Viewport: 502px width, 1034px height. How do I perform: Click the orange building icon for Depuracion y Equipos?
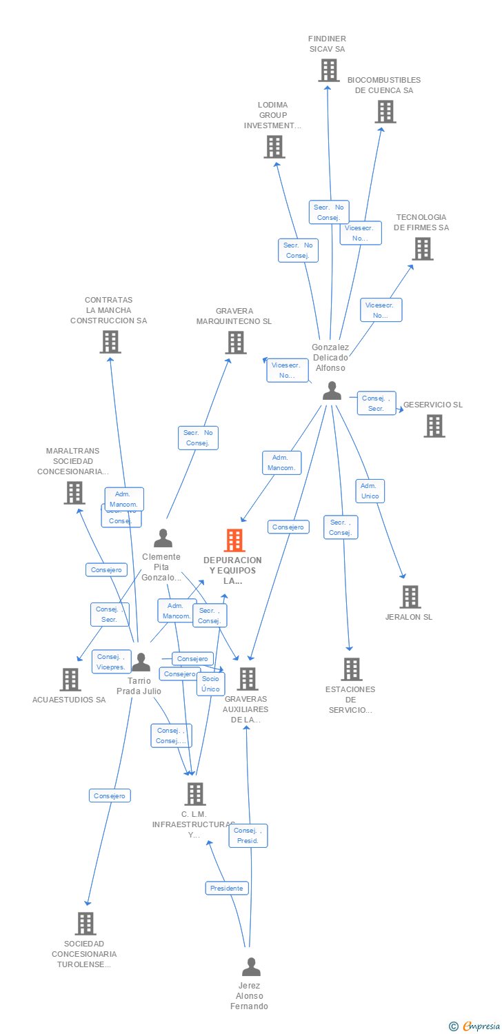tap(234, 540)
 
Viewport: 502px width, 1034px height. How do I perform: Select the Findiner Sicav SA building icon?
tap(329, 70)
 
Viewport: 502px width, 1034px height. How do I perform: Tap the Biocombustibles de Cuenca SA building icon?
tap(385, 112)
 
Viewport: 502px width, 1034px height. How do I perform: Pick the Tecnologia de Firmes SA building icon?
tap(423, 249)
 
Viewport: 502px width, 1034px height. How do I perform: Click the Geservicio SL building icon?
tap(434, 426)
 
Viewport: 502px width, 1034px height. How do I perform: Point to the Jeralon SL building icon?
tap(410, 597)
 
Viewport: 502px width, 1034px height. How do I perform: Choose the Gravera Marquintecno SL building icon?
tap(236, 343)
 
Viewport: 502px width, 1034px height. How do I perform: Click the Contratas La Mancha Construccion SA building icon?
tap(110, 342)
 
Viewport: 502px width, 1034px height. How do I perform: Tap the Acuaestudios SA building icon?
tap(70, 680)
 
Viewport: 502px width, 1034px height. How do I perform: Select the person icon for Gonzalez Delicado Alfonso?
tap(332, 391)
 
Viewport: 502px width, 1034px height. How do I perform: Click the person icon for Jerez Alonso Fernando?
tap(251, 967)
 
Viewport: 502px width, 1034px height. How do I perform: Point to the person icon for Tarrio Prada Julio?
tap(141, 662)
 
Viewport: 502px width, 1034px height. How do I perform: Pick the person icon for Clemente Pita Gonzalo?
tap(163, 538)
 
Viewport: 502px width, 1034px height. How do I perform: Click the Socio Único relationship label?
tap(210, 684)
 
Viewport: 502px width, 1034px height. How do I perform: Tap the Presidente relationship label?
tap(227, 888)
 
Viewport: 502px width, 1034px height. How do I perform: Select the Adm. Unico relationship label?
tap(370, 491)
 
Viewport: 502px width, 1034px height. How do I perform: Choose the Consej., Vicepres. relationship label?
tap(110, 662)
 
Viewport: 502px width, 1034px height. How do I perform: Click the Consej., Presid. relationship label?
tap(248, 835)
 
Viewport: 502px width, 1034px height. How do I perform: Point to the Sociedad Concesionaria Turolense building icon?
tap(85, 923)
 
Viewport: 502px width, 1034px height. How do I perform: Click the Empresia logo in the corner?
tap(476, 1026)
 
